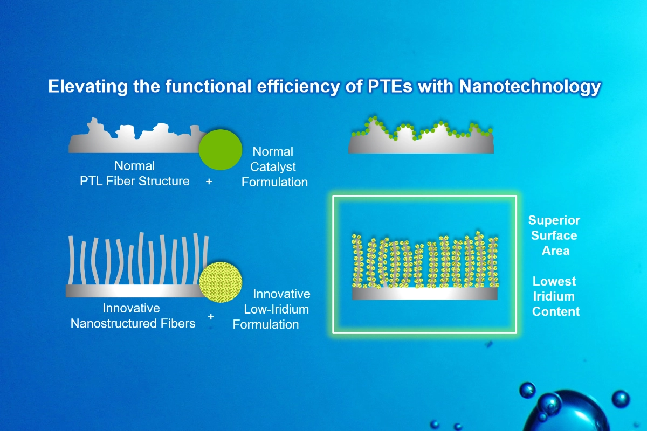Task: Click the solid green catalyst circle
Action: [x=221, y=149]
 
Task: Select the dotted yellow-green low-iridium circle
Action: [x=221, y=282]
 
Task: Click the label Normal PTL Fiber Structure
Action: [x=134, y=173]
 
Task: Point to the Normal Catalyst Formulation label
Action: [x=274, y=166]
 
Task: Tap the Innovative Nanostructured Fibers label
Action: [x=133, y=316]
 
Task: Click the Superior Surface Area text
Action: [x=554, y=235]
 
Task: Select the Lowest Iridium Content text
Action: [x=555, y=296]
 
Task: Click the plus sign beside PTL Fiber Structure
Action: [x=209, y=182]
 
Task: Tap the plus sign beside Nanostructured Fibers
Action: [x=211, y=316]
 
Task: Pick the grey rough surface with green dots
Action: [x=421, y=143]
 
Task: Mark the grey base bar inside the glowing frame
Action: [x=424, y=294]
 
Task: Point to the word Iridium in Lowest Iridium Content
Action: [x=555, y=296]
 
